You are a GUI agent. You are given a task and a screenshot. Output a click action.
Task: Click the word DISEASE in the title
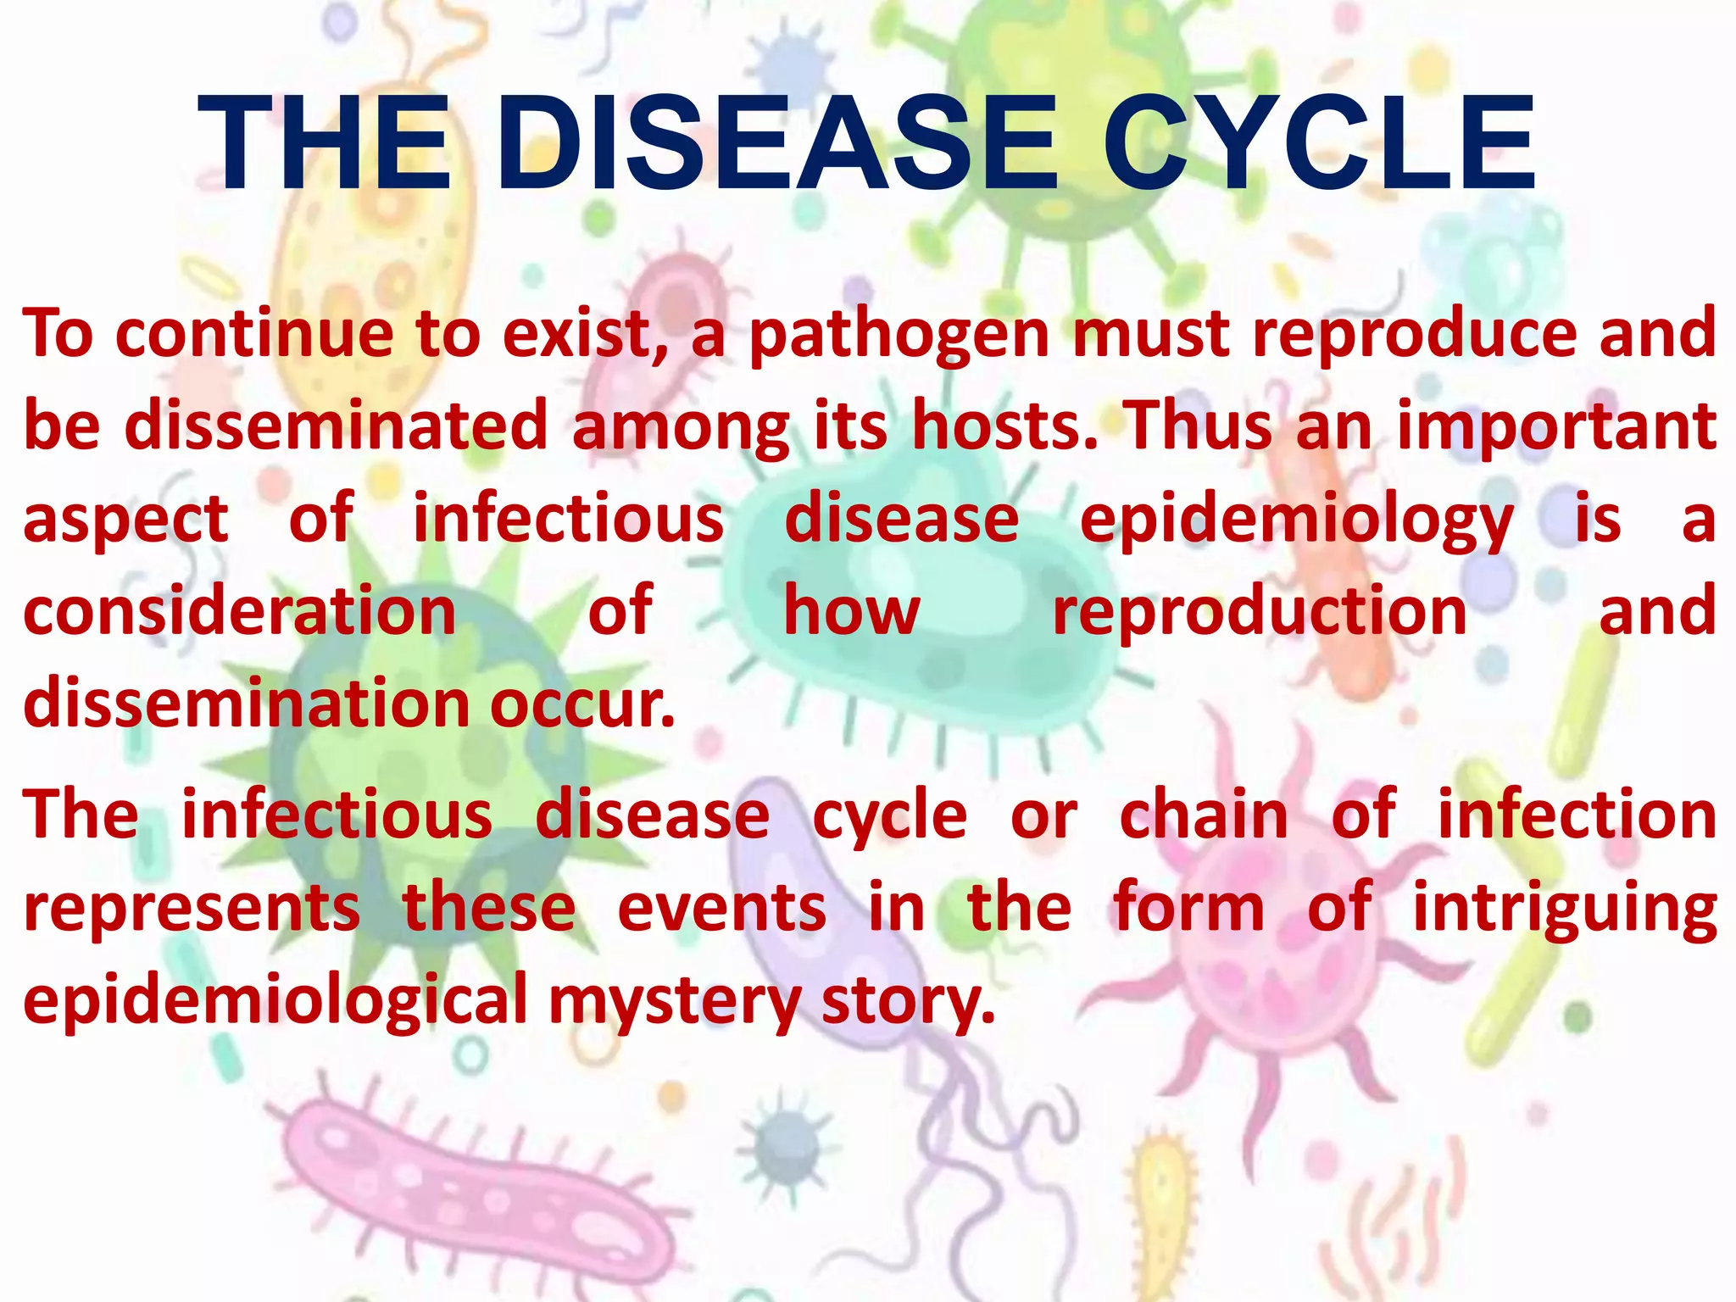[777, 143]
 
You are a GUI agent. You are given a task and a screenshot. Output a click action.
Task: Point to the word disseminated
[337, 426]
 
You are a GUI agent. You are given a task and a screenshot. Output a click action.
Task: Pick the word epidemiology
[1296, 522]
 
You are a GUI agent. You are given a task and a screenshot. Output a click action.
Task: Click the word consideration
[240, 611]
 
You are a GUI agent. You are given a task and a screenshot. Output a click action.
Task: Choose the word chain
[1205, 815]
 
